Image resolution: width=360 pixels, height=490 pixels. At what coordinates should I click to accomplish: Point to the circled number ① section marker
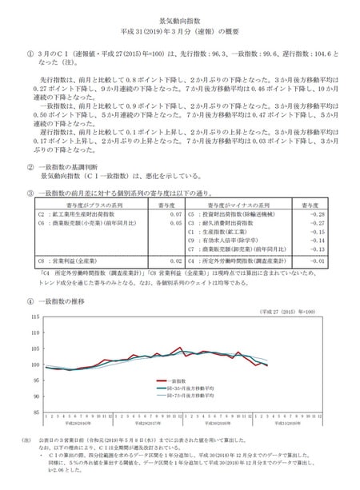[30, 50]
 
